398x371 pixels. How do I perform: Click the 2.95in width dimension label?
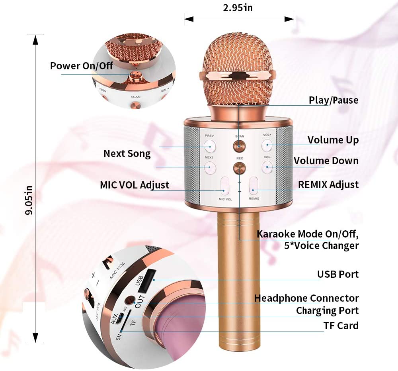pos(238,8)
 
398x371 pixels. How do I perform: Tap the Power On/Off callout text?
pos(82,66)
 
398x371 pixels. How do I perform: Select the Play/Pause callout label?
pos(334,100)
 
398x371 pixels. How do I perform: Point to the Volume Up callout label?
pos(333,140)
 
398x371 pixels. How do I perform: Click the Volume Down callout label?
pos(326,161)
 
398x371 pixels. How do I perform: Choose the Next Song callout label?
pos(127,153)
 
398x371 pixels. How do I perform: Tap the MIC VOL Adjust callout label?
pos(135,185)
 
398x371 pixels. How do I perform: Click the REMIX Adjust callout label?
pos(328,185)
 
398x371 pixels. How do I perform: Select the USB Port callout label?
pos(338,274)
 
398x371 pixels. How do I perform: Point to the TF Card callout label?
pos(341,326)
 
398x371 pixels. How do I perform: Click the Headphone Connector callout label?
pos(306,298)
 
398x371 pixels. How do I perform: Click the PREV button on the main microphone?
pos(209,146)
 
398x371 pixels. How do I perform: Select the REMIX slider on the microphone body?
pos(254,186)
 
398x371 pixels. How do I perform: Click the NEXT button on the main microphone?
pos(209,167)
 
